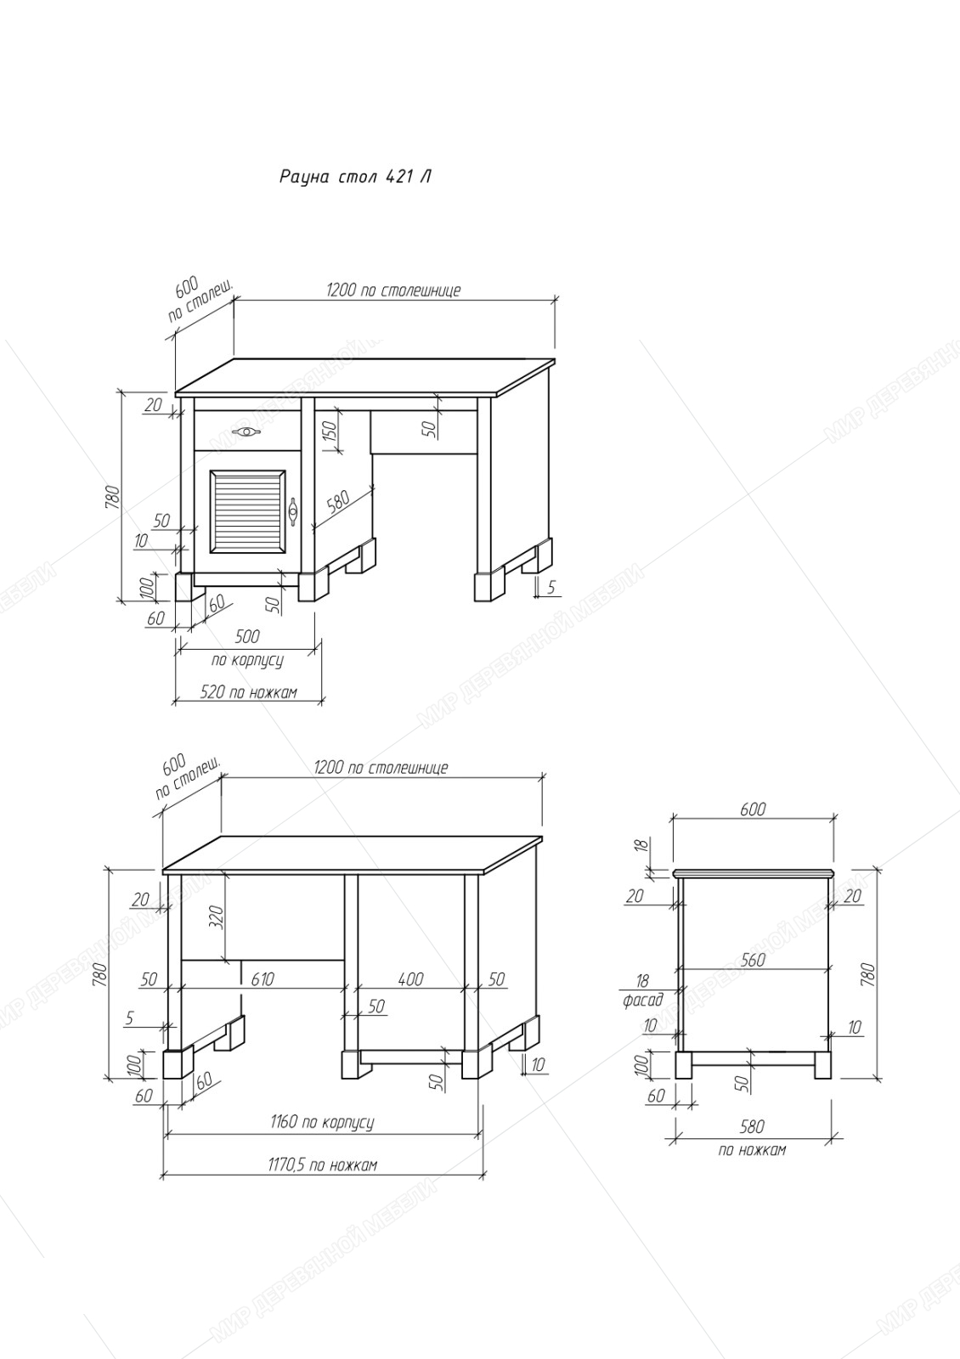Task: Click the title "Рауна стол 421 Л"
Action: (355, 178)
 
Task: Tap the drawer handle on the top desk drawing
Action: (247, 431)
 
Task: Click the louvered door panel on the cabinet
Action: (247, 510)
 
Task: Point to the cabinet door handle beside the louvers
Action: (293, 510)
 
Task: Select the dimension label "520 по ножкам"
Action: (249, 691)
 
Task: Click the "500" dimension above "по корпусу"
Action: (247, 636)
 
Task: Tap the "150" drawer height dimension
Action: (330, 432)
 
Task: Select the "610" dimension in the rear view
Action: (263, 978)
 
